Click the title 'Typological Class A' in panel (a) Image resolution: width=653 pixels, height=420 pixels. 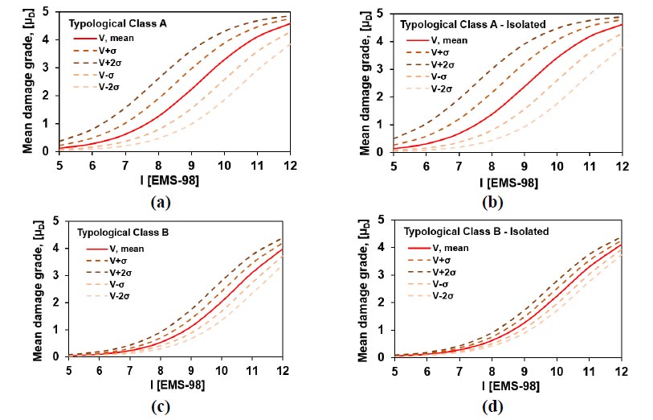[117, 23]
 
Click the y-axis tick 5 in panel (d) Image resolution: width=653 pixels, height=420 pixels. [378, 220]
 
